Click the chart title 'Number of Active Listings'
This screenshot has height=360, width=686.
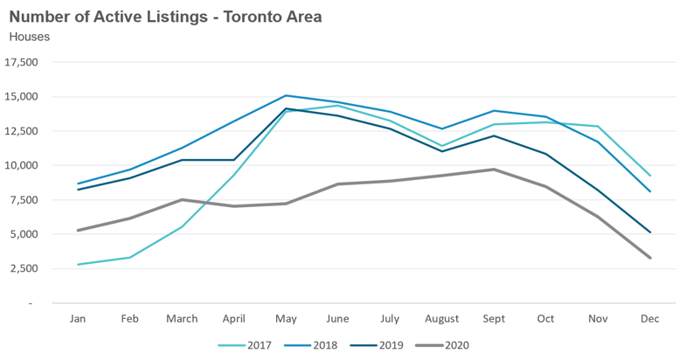click(x=166, y=17)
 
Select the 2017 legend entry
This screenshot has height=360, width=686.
click(x=248, y=345)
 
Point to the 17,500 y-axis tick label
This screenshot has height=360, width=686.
click(x=22, y=63)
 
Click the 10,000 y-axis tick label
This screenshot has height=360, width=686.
click(x=22, y=166)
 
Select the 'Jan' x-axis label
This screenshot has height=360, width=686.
click(x=79, y=318)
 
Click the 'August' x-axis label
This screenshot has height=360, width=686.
click(x=441, y=318)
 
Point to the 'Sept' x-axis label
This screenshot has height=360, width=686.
click(x=494, y=318)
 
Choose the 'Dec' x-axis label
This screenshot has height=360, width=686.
click(x=649, y=318)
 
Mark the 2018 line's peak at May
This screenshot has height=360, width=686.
click(x=286, y=96)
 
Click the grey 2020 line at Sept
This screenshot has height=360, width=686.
click(x=494, y=170)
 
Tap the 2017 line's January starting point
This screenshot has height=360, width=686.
click(x=79, y=265)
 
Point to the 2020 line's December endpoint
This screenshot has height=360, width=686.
click(x=649, y=258)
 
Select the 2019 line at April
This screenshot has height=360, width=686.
click(x=234, y=160)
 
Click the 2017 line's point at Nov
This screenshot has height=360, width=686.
click(x=598, y=127)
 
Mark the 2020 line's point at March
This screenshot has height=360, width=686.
click(x=182, y=200)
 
